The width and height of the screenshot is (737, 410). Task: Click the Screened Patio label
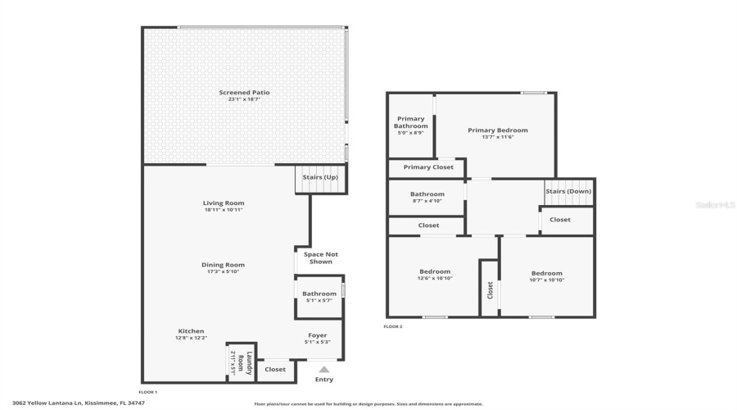pos(244,93)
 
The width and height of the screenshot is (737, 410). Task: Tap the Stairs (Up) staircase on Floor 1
pos(320,178)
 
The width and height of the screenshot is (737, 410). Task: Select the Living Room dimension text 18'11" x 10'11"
pos(224,210)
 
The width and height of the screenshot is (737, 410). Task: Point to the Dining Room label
pos(224,265)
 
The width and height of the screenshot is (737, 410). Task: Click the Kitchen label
pos(192,331)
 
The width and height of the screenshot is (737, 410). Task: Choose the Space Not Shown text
pos(320,257)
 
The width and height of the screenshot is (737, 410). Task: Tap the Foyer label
pos(318,335)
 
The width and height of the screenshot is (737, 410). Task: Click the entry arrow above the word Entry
pos(324,370)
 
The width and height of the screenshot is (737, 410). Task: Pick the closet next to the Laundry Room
pos(275,370)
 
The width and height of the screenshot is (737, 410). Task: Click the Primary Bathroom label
pos(411,122)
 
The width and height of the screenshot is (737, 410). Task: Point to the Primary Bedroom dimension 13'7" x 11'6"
pos(498,137)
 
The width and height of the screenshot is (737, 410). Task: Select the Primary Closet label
pos(428,167)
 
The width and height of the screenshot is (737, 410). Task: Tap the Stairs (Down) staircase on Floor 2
pos(568,192)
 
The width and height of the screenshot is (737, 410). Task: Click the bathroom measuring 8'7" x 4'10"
pos(426,198)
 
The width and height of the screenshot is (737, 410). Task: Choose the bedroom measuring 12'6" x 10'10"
pos(435,276)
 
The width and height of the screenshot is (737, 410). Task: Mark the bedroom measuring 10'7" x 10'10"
pos(547,276)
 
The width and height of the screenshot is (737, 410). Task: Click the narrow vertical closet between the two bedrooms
pos(490,289)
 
